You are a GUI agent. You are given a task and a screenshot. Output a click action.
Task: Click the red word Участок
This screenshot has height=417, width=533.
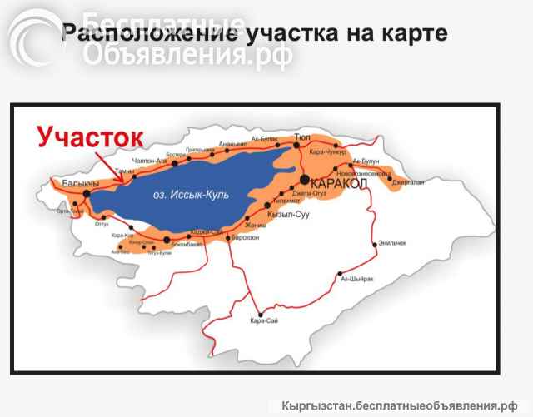pyautogui.click(x=90, y=136)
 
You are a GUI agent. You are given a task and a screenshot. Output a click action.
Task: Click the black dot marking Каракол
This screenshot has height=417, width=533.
pyautogui.click(x=306, y=179)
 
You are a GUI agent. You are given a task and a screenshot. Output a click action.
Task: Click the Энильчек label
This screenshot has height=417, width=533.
pyautogui.click(x=391, y=243)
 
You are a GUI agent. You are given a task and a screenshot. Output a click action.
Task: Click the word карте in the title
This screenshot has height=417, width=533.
pyautogui.click(x=411, y=35)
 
